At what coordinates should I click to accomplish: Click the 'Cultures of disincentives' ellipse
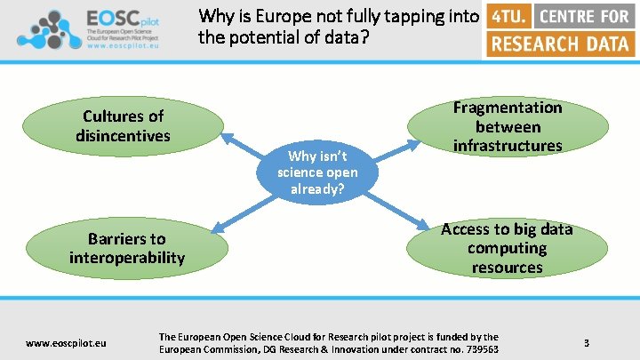(124, 126)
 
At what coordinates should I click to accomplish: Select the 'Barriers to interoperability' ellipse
(127, 248)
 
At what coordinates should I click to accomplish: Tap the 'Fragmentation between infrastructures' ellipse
(508, 126)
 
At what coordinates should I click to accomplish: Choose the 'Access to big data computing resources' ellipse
(507, 248)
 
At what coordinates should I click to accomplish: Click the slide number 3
(587, 342)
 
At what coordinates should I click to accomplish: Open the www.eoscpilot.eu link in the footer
(67, 342)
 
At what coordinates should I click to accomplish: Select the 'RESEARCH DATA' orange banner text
(561, 44)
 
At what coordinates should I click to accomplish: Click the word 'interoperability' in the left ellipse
(127, 258)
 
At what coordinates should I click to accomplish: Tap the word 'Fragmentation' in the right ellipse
(508, 108)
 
